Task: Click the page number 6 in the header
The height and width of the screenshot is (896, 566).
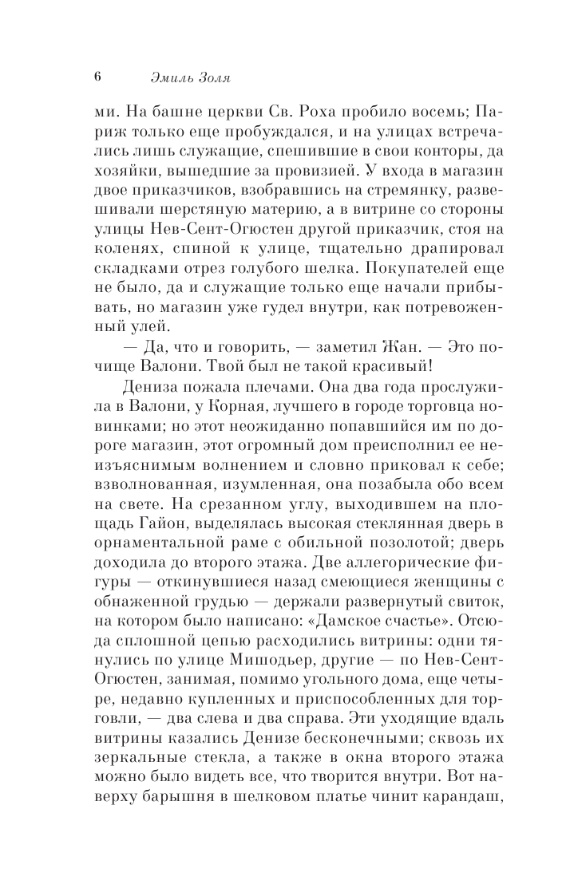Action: click(97, 77)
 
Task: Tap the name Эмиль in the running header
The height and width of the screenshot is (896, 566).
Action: click(170, 77)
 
